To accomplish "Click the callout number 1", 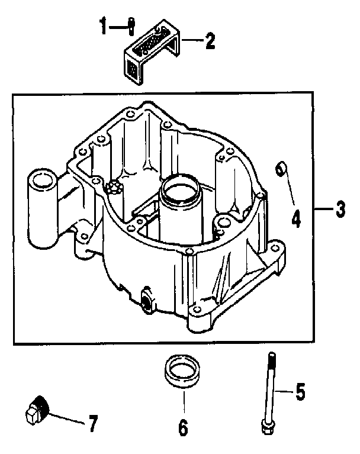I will (104, 27).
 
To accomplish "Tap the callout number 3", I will (339, 209).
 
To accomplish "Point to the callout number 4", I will (296, 218).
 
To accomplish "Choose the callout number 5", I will (300, 391).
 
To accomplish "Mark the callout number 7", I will (92, 424).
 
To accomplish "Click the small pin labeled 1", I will (130, 25).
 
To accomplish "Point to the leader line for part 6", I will (183, 400).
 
